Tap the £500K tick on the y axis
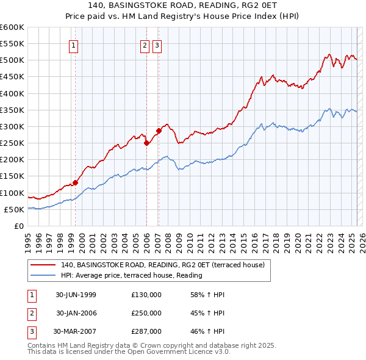12,60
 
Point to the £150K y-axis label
12,176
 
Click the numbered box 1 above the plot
73,45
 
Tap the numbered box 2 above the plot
145,45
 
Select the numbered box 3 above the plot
157,45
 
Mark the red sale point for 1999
76,182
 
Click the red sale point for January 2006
147,143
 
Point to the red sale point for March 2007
159,131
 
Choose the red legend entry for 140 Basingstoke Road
162,265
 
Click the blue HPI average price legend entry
131,275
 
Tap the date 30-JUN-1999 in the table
76,295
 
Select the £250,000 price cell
146,313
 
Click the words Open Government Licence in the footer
181,351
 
